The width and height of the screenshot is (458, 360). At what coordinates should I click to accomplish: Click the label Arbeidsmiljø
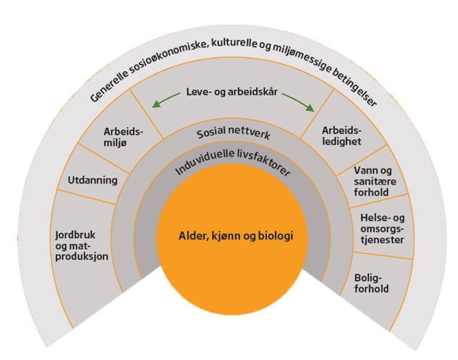123,137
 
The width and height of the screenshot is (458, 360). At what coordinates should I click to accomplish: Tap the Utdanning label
93,180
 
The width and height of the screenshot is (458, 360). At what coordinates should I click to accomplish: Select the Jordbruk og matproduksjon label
82,245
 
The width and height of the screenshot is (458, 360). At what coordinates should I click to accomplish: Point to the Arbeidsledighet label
342,136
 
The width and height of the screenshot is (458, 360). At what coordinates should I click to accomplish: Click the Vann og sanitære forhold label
375,181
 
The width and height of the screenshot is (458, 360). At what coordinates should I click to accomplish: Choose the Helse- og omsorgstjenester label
383,229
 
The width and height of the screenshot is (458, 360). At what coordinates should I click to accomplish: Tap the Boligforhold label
371,283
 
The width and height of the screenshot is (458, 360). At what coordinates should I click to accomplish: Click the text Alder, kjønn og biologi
236,236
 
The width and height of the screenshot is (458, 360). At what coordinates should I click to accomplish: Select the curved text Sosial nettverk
234,132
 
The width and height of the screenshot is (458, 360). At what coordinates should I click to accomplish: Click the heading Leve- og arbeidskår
232,92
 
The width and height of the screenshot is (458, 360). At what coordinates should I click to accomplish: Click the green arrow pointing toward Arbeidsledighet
298,102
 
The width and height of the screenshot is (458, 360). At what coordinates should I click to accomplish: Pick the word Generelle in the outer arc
110,85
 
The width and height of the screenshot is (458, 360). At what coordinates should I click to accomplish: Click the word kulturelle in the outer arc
234,44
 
